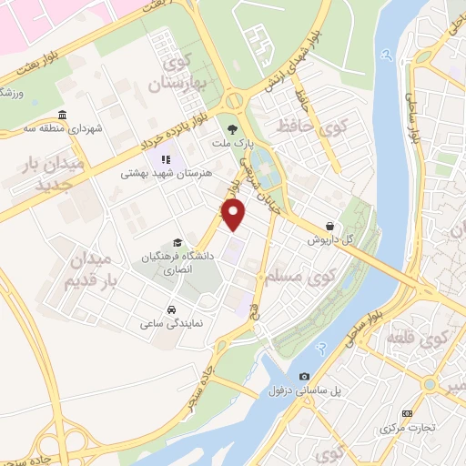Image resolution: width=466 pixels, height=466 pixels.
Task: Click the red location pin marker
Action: coord(235,214)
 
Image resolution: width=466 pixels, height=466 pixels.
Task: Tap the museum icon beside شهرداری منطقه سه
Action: coord(62,116)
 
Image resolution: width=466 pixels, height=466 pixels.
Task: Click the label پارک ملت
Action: coord(232,144)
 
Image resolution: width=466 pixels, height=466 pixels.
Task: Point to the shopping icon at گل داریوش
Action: coord(329,227)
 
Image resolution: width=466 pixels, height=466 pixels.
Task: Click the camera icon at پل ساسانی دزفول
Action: coord(304,376)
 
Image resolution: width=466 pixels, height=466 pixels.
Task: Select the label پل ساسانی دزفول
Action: coord(297,390)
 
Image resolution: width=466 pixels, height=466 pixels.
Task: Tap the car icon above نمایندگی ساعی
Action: coord(171,308)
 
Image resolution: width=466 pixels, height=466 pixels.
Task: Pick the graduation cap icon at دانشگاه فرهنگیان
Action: coord(177,242)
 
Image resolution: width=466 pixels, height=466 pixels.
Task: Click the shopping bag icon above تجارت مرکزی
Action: coord(420,414)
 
